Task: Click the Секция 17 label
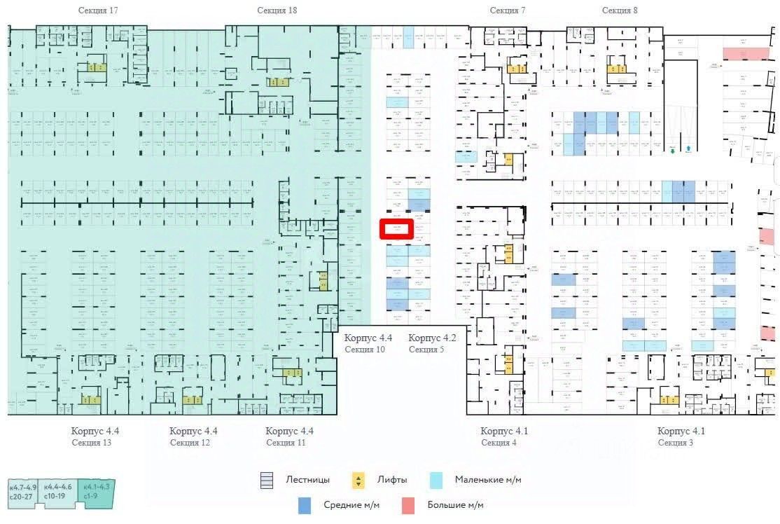[98, 11]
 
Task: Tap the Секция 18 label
[277, 11]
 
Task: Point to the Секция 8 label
[620, 11]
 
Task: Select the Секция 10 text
[365, 350]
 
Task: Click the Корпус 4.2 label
[432, 338]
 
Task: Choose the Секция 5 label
[426, 350]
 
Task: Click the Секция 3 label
[677, 443]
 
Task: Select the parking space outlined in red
[396, 229]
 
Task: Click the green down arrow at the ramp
[671, 149]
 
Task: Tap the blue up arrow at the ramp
[689, 149]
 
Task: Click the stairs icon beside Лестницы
[265, 481]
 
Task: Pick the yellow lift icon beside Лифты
[358, 481]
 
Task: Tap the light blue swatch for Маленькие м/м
[436, 481]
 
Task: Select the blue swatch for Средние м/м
[304, 505]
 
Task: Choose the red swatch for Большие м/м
[408, 505]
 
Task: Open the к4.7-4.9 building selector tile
[23, 491]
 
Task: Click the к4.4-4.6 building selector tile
[58, 491]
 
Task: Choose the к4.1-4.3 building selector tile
[96, 491]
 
